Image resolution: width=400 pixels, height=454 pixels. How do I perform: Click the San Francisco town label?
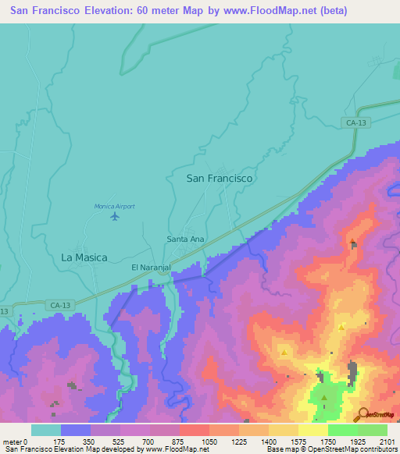tap(220, 179)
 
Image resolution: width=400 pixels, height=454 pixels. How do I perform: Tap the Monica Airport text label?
tap(115, 206)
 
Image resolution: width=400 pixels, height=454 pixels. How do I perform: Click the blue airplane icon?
tap(116, 216)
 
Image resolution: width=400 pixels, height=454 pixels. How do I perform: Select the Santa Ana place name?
tap(186, 239)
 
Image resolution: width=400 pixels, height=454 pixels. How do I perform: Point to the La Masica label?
tap(84, 257)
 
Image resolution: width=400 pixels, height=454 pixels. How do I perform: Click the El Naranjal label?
tap(151, 268)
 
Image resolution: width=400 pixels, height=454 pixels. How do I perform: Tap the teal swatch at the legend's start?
tap(45, 430)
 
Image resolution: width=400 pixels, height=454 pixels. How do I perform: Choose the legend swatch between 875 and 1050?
tap(194, 430)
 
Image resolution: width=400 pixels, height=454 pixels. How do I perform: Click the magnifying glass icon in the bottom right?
tap(362, 414)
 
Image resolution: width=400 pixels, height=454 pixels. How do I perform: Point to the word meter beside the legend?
tap(12, 442)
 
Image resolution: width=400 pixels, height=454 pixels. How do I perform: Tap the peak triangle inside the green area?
tap(324, 398)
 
